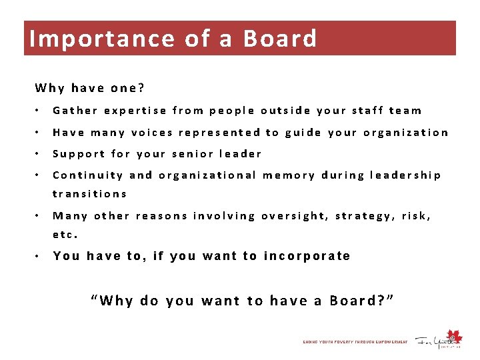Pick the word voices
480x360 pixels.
pos(152,132)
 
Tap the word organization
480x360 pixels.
pos(406,132)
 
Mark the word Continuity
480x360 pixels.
pos(88,175)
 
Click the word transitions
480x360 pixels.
pos(89,194)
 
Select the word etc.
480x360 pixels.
pos(65,235)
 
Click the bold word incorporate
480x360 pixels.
pos(307,256)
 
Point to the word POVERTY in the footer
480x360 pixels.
pos(341,342)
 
